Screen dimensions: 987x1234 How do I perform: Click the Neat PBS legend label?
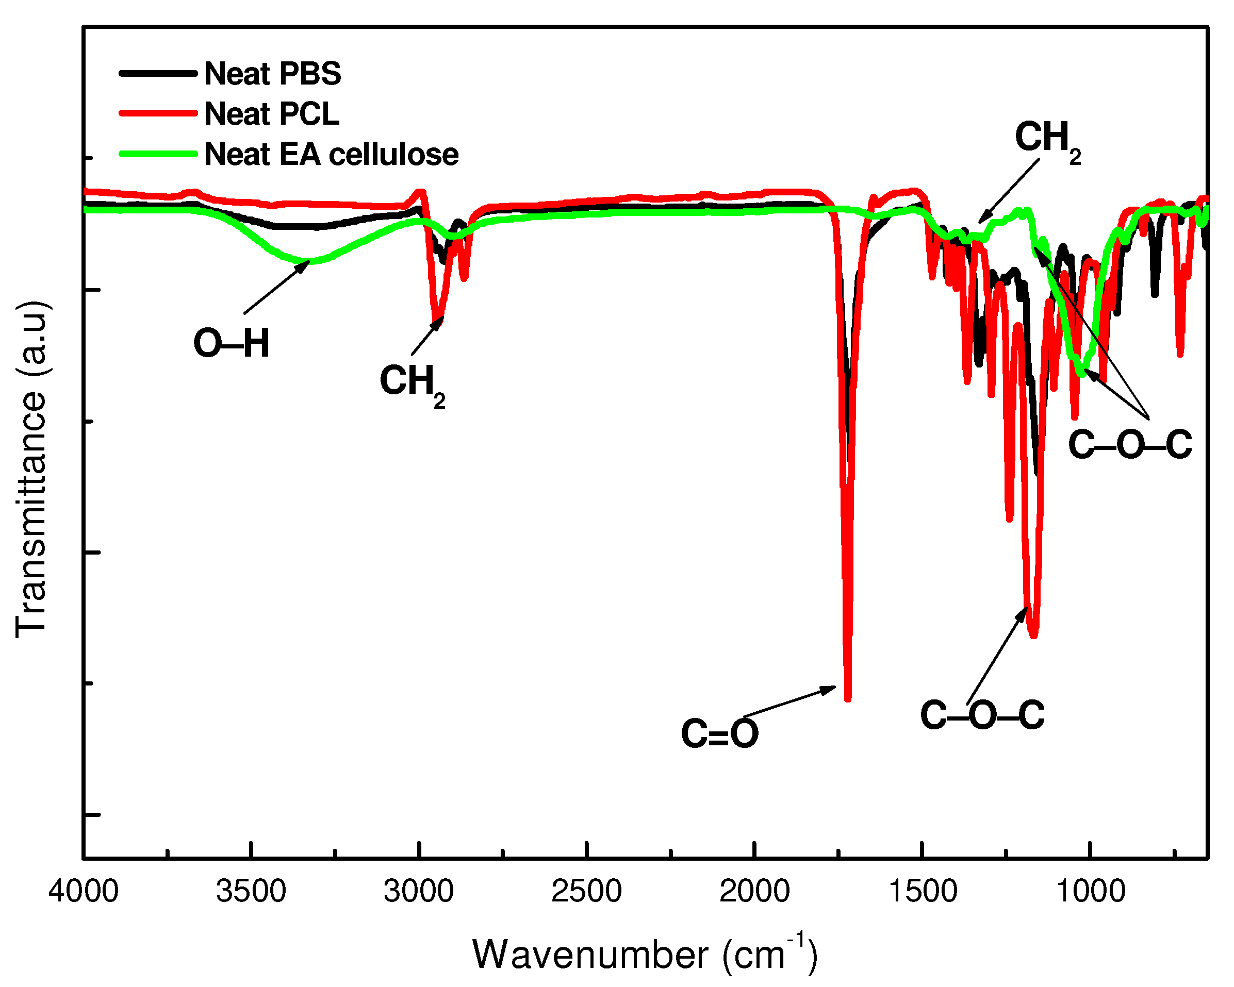click(x=272, y=74)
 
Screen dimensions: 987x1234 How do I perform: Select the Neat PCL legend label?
click(x=271, y=114)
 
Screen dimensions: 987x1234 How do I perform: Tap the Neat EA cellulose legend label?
click(x=331, y=155)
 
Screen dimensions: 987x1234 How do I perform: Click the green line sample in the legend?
click(x=158, y=154)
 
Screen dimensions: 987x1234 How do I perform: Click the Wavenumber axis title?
click(x=645, y=955)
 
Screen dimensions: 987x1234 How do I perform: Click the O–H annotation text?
click(x=231, y=344)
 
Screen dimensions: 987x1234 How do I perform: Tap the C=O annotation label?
click(x=719, y=734)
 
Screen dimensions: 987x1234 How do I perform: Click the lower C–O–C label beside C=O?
click(x=982, y=715)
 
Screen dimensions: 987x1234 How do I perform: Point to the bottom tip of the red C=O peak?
click(x=848, y=698)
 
